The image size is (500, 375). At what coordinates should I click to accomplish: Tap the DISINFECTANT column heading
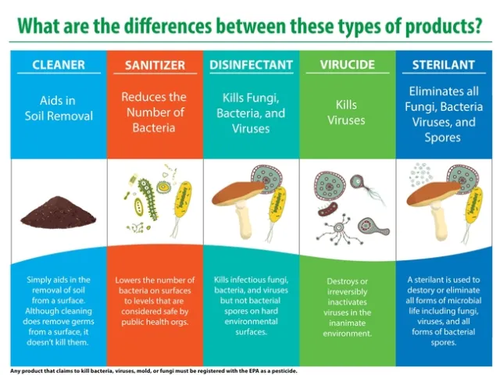point(251,64)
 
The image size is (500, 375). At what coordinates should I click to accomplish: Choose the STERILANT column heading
point(444,64)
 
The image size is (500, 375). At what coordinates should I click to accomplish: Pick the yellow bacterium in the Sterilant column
point(472,205)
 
